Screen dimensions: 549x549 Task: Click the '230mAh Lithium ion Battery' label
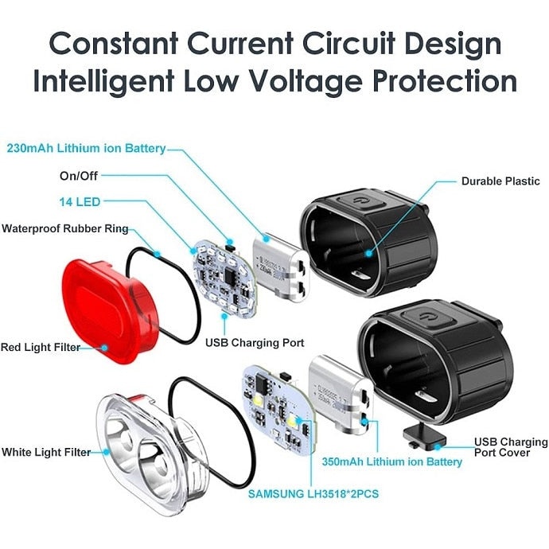click(86, 148)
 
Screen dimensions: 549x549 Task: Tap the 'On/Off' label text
click(79, 175)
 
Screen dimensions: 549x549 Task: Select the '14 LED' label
click(80, 201)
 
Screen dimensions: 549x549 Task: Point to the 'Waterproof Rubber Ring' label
click(65, 228)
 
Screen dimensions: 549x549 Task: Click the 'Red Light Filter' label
click(41, 347)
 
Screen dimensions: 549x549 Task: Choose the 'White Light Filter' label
click(46, 452)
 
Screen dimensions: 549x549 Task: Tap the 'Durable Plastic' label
click(500, 181)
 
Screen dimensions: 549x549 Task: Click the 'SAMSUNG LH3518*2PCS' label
click(313, 493)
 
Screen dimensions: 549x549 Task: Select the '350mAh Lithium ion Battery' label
click(391, 461)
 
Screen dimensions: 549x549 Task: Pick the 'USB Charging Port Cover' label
click(511, 447)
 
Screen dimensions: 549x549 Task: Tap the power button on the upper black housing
click(361, 201)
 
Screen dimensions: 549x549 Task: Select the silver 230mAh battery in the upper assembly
click(281, 267)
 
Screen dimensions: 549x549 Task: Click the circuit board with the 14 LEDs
click(225, 278)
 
